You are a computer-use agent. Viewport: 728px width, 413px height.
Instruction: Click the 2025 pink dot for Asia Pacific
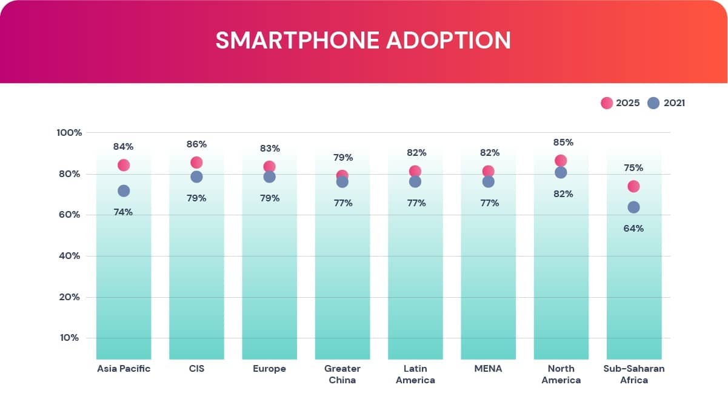tap(124, 165)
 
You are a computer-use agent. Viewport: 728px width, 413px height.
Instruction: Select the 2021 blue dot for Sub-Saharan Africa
tap(633, 207)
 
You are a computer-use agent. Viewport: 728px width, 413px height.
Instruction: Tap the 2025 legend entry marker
tap(607, 103)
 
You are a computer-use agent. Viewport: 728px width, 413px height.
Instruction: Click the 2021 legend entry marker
tap(653, 103)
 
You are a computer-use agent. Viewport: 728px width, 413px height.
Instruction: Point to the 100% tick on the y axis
tap(69, 133)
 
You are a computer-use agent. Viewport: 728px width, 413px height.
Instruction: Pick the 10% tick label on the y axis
tap(69, 338)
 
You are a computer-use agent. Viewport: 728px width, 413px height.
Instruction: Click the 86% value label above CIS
tap(196, 144)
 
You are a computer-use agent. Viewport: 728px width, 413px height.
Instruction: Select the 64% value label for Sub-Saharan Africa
tap(633, 229)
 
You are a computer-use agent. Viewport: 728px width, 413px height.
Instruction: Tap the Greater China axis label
tap(342, 374)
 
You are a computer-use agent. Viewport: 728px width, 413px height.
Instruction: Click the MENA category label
tap(488, 369)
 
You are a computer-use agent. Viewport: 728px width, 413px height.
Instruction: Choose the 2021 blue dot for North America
tap(561, 172)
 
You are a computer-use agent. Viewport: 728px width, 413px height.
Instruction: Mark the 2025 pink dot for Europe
tap(269, 167)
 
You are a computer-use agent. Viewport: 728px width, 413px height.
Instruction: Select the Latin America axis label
tap(415, 374)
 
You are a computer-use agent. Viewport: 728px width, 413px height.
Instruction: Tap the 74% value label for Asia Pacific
tap(123, 212)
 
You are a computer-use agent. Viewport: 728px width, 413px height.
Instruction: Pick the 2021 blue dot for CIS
tap(196, 176)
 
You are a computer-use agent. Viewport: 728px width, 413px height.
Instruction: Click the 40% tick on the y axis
tap(69, 256)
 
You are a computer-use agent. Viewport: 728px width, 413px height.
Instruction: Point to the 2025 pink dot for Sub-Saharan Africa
tap(633, 186)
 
